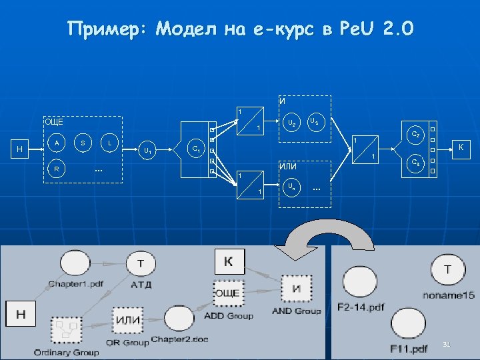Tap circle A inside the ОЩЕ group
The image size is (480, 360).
[57, 143]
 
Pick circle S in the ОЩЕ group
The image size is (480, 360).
[83, 143]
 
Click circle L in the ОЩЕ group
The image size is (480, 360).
[109, 143]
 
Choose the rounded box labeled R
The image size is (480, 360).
[57, 169]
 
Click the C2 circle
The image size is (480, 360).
[415, 135]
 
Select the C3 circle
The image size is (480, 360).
[415, 163]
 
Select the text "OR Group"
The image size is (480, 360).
[127, 343]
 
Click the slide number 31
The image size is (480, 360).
[447, 344]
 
